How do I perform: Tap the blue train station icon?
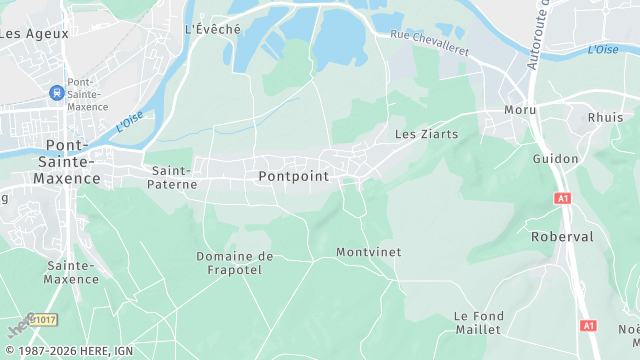56,93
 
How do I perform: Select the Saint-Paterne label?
172,177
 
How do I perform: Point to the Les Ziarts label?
426,133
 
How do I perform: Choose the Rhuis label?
605,117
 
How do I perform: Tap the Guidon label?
555,159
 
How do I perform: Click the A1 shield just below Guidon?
562,199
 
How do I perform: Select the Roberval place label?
564,237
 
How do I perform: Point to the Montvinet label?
368,252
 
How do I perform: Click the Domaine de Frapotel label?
234,263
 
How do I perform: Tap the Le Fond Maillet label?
478,322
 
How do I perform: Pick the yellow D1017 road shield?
43,319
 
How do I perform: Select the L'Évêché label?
213,29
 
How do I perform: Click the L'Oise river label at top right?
603,49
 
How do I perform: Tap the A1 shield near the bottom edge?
587,326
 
